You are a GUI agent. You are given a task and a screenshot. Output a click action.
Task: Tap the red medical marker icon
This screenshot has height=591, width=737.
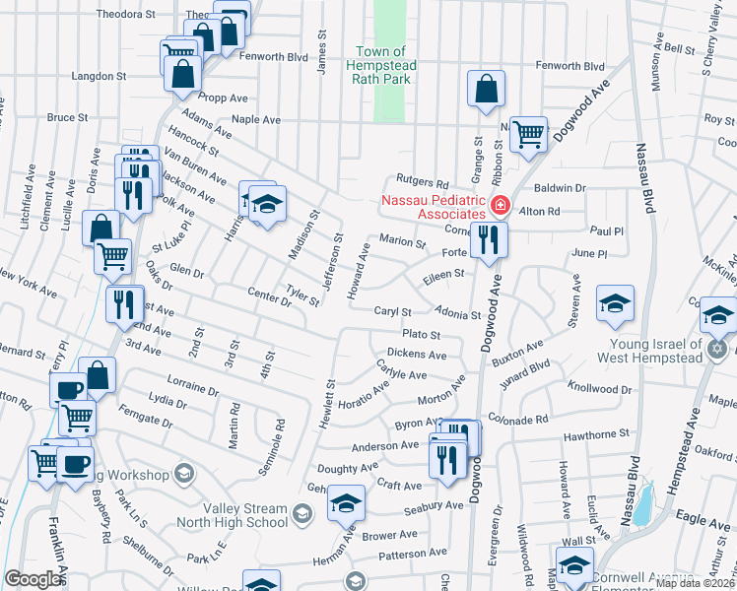tap(501, 206)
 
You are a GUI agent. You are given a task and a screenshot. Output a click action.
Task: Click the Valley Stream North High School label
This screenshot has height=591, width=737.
tap(234, 515)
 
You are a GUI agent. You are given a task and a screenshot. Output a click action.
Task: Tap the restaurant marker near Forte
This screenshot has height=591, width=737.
tap(489, 238)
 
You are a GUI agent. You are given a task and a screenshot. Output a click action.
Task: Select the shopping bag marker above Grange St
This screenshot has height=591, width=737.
tap(487, 90)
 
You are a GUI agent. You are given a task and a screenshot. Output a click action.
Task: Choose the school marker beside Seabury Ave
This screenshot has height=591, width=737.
tap(346, 504)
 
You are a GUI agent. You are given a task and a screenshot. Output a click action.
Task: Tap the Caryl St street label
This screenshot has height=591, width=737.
tap(392, 311)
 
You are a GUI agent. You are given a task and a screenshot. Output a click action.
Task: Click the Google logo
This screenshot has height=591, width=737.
tap(33, 579)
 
